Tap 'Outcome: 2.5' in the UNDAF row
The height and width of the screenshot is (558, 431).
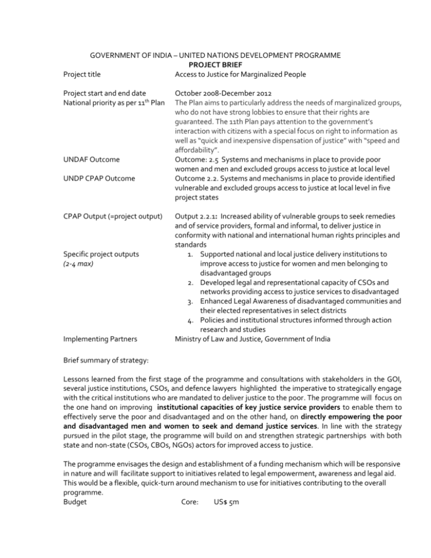click(x=199, y=159)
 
